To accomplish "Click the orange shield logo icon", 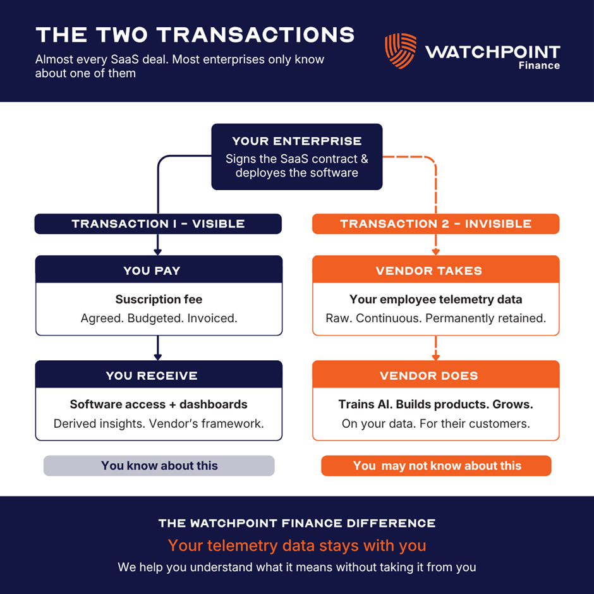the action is point(401,51).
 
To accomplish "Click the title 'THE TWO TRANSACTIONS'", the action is point(195,35).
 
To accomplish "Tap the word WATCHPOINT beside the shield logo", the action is point(492,52).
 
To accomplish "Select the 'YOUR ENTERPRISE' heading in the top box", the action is point(296,142).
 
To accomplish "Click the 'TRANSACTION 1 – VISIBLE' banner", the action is point(158,224).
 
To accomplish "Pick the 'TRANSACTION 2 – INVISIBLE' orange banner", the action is point(435,224).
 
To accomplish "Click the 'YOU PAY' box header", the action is point(159,270).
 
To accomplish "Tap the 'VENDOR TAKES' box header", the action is point(435,270).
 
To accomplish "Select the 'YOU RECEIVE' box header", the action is point(159,375).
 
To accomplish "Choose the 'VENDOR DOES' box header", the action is point(435,375).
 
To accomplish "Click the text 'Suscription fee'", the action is point(159,300).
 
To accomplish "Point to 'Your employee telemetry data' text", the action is point(435,300).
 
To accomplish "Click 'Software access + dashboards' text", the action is point(159,404).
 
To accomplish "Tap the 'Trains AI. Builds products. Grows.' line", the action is point(435,404).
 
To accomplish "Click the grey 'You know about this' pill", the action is point(159,466).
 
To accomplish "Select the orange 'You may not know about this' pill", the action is point(436,466).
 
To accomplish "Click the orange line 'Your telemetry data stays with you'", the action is point(297,545).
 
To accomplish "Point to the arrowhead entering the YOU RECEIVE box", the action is point(158,357).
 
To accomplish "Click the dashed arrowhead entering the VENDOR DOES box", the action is point(435,357).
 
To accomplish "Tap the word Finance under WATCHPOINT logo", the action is point(539,66).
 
